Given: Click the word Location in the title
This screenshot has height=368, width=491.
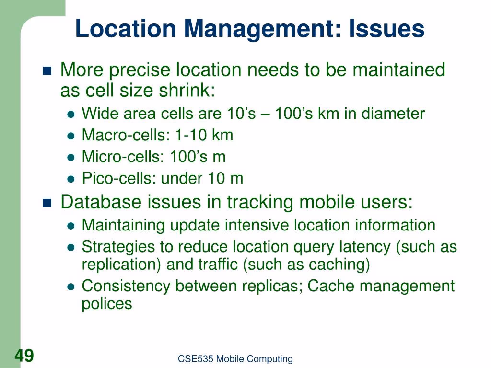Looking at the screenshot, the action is click(126, 29).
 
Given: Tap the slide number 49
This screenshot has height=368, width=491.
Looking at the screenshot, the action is click(24, 356).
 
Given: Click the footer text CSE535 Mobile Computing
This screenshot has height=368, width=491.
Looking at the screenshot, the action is click(235, 359).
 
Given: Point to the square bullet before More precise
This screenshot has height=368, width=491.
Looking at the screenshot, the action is click(47, 71).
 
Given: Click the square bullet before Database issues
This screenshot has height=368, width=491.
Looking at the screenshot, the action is click(47, 203).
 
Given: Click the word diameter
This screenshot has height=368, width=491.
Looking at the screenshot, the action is click(393, 113).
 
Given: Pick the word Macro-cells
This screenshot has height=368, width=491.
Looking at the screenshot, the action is click(124, 135).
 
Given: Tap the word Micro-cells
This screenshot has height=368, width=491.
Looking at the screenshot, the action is click(121, 157).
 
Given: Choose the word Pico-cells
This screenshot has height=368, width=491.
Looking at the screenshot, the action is click(119, 178).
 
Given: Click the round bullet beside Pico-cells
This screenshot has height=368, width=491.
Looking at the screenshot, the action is click(71, 179).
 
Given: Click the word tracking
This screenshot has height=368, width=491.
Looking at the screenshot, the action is click(260, 203).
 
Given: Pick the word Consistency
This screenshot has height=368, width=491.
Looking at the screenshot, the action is click(126, 286).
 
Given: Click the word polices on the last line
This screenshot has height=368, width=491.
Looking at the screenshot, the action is click(107, 304).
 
